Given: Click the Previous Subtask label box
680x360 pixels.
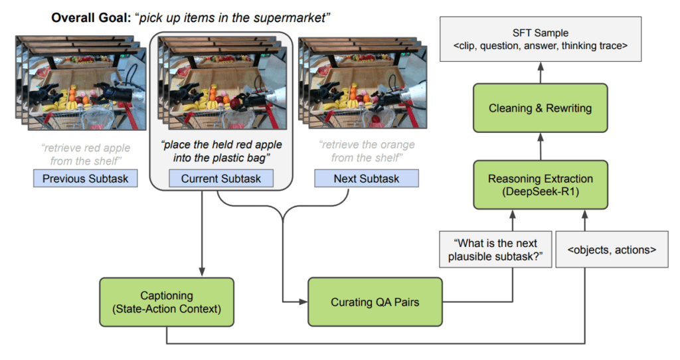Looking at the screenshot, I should (x=85, y=178).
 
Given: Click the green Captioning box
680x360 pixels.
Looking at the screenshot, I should (x=167, y=302).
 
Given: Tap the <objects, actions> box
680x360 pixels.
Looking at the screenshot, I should (x=612, y=249).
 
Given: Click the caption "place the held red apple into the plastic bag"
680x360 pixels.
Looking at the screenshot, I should (x=220, y=151).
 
